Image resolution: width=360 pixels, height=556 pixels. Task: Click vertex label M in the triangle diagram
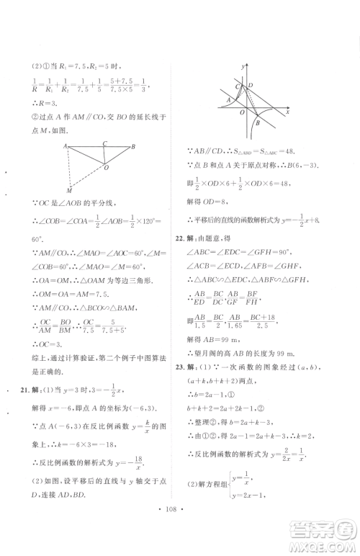point(69,191)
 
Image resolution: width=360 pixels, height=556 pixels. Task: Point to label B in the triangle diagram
point(134,147)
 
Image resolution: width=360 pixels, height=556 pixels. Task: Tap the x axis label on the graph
point(288,114)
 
